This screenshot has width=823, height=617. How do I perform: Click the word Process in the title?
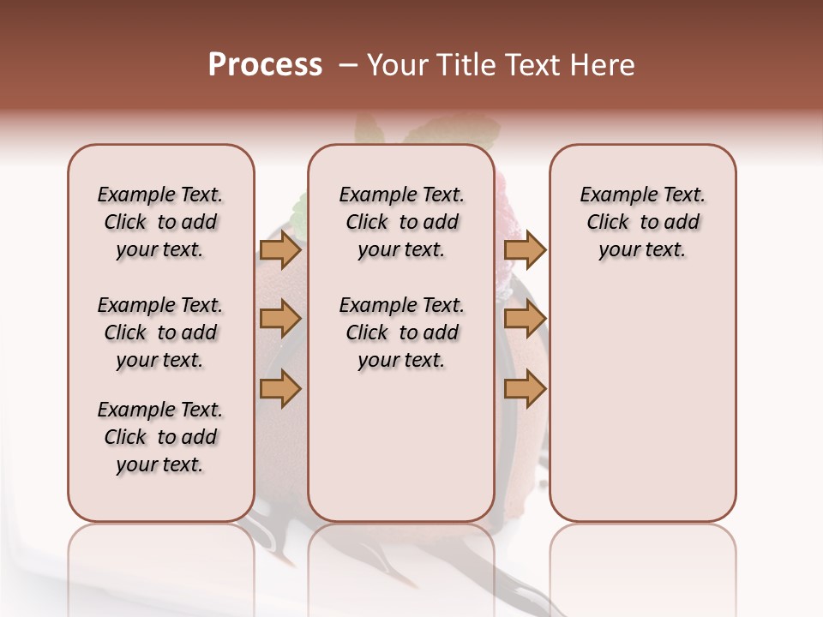(x=265, y=65)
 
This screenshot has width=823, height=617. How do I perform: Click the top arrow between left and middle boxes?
(x=280, y=250)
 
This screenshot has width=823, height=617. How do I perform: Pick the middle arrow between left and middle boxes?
(x=280, y=320)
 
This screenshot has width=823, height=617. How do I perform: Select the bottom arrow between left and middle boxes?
(x=280, y=389)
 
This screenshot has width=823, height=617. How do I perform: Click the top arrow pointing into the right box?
(x=525, y=250)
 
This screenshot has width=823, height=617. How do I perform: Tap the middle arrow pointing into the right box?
(x=525, y=320)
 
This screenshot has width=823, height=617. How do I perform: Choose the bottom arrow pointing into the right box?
(x=525, y=389)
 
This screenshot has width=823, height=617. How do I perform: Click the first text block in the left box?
(x=160, y=222)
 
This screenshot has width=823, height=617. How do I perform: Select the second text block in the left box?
(x=160, y=332)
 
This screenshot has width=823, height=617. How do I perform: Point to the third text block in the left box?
(x=160, y=437)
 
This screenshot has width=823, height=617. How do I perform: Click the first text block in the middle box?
(x=401, y=222)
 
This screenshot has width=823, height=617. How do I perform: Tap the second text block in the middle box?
(x=401, y=332)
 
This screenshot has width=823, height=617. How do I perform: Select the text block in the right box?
(x=642, y=222)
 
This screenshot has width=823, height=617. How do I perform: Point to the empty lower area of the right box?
(x=642, y=403)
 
